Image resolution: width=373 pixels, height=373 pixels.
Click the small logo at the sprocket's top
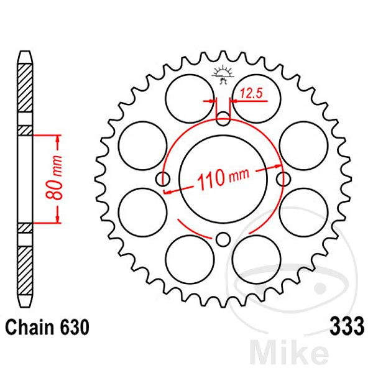[x=223, y=73]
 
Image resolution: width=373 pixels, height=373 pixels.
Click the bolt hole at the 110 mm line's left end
[x=164, y=180]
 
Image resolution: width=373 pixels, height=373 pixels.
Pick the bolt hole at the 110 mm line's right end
[x=283, y=180]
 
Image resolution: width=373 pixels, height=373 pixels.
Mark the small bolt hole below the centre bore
[x=223, y=238]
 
